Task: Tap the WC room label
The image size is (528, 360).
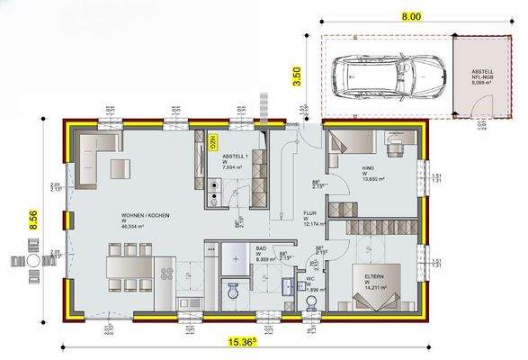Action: (309, 284)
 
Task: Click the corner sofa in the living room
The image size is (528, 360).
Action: (94, 153)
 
